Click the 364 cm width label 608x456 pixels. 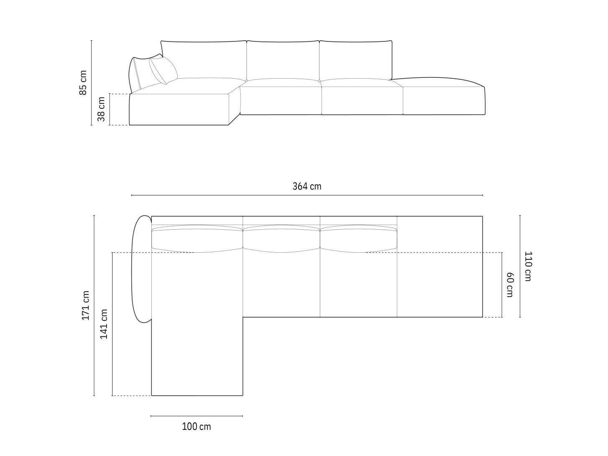point(307,187)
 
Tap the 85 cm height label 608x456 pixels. point(83,82)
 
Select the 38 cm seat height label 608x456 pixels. point(101,109)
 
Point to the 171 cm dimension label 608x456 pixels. point(86,305)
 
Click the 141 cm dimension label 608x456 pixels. point(104,324)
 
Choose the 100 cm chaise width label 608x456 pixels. point(197,426)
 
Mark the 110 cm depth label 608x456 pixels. point(529,266)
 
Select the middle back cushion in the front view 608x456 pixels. point(283,60)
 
